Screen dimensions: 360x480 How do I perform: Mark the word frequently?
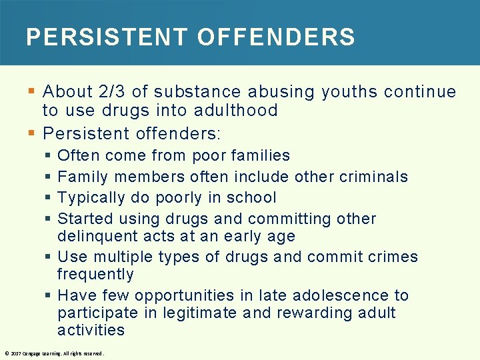95,275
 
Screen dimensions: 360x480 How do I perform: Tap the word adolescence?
333,295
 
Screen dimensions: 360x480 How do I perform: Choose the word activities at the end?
91,330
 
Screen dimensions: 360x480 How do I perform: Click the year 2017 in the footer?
14,353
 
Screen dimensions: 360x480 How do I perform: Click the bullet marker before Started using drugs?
50,219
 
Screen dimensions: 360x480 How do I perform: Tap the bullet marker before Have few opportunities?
50,295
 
